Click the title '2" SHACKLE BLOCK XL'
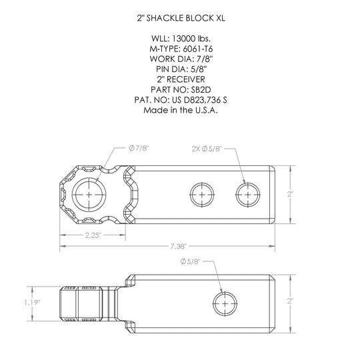[181, 18]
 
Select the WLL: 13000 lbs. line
[181, 39]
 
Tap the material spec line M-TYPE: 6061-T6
[181, 49]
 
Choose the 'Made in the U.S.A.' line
[181, 110]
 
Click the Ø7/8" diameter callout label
[139, 148]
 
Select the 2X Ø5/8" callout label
[207, 149]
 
